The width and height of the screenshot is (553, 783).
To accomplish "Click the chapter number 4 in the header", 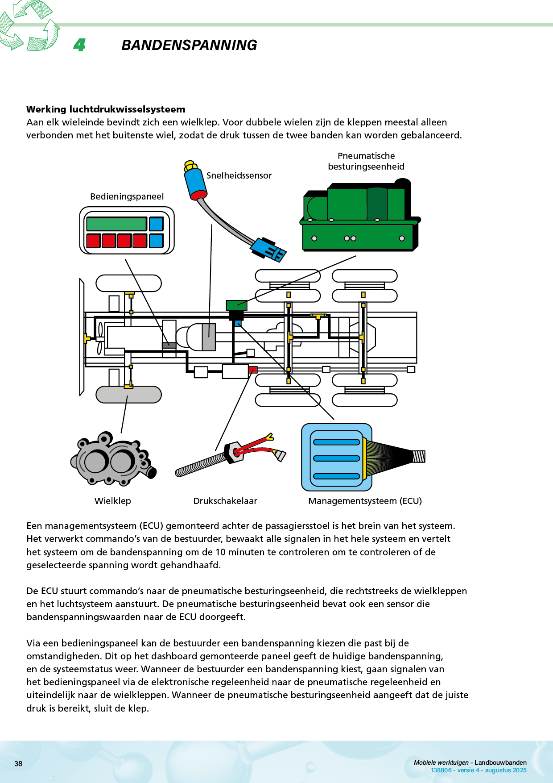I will [x=79, y=45].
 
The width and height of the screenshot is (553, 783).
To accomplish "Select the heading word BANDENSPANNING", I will [x=189, y=45].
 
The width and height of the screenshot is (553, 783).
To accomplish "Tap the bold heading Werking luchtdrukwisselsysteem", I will [x=106, y=109].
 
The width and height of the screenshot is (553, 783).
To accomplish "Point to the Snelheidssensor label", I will [x=239, y=175].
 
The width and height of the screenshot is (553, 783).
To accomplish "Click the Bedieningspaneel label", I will [x=127, y=196].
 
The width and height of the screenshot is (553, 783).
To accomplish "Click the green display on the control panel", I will [x=116, y=224].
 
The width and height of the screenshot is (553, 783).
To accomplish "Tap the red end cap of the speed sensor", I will [x=199, y=195].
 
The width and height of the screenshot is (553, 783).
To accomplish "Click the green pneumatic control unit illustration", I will [x=359, y=217].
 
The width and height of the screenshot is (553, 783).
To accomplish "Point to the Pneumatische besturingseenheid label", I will [x=366, y=161].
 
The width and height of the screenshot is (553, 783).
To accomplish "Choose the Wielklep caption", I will [x=113, y=501].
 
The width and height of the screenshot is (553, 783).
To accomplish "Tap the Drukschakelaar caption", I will [x=225, y=501].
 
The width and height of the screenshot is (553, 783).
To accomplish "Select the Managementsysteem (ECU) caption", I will [x=365, y=501].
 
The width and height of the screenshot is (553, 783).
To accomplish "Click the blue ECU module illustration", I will [x=337, y=458].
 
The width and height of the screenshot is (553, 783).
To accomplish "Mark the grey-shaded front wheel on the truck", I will [x=128, y=395].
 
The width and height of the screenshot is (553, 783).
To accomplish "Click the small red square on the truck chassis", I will [x=253, y=370].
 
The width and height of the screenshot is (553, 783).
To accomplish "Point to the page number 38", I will [x=18, y=763].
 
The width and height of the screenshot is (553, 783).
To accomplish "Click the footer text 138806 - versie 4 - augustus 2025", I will [x=479, y=770].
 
